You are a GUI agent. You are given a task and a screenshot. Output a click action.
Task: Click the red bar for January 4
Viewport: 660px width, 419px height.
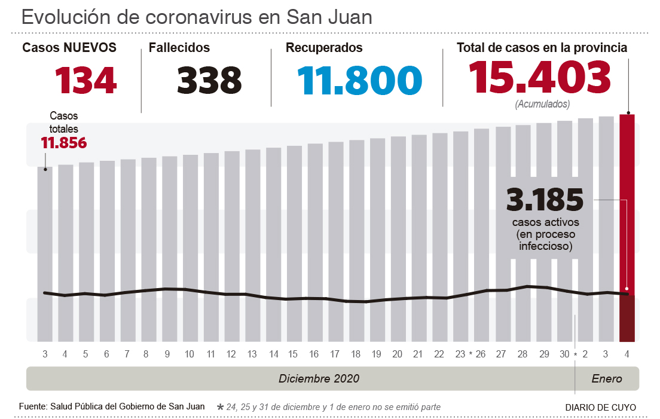(627, 227)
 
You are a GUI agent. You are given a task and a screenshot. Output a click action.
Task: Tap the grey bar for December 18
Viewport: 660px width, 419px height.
(356, 239)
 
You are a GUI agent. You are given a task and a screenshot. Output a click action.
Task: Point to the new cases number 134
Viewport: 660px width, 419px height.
(85, 81)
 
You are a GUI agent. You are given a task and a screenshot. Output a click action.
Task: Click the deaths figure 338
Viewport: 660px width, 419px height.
(209, 81)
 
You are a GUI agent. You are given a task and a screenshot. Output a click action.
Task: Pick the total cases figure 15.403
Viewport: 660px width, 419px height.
(539, 78)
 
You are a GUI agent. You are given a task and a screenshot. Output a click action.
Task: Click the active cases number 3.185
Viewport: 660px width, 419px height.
(545, 200)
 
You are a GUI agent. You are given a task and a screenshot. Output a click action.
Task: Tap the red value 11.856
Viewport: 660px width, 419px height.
(63, 143)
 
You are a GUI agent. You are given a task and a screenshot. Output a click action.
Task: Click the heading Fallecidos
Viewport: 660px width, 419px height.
(179, 48)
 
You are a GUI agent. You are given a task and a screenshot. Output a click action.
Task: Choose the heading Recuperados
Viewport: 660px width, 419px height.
(324, 48)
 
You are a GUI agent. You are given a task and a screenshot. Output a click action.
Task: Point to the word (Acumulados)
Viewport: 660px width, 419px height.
(542, 104)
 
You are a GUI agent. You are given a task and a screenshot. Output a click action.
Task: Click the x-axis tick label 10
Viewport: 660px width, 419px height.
(190, 354)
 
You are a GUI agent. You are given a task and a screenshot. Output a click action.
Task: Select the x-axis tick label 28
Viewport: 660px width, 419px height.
(522, 354)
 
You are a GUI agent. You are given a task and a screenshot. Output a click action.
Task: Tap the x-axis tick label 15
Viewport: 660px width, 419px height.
(293, 354)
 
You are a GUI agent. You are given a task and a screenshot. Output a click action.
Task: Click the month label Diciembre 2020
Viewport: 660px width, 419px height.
(319, 378)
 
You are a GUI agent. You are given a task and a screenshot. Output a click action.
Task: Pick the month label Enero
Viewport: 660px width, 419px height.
(607, 378)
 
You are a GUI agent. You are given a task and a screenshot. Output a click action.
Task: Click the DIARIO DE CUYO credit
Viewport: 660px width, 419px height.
(600, 407)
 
